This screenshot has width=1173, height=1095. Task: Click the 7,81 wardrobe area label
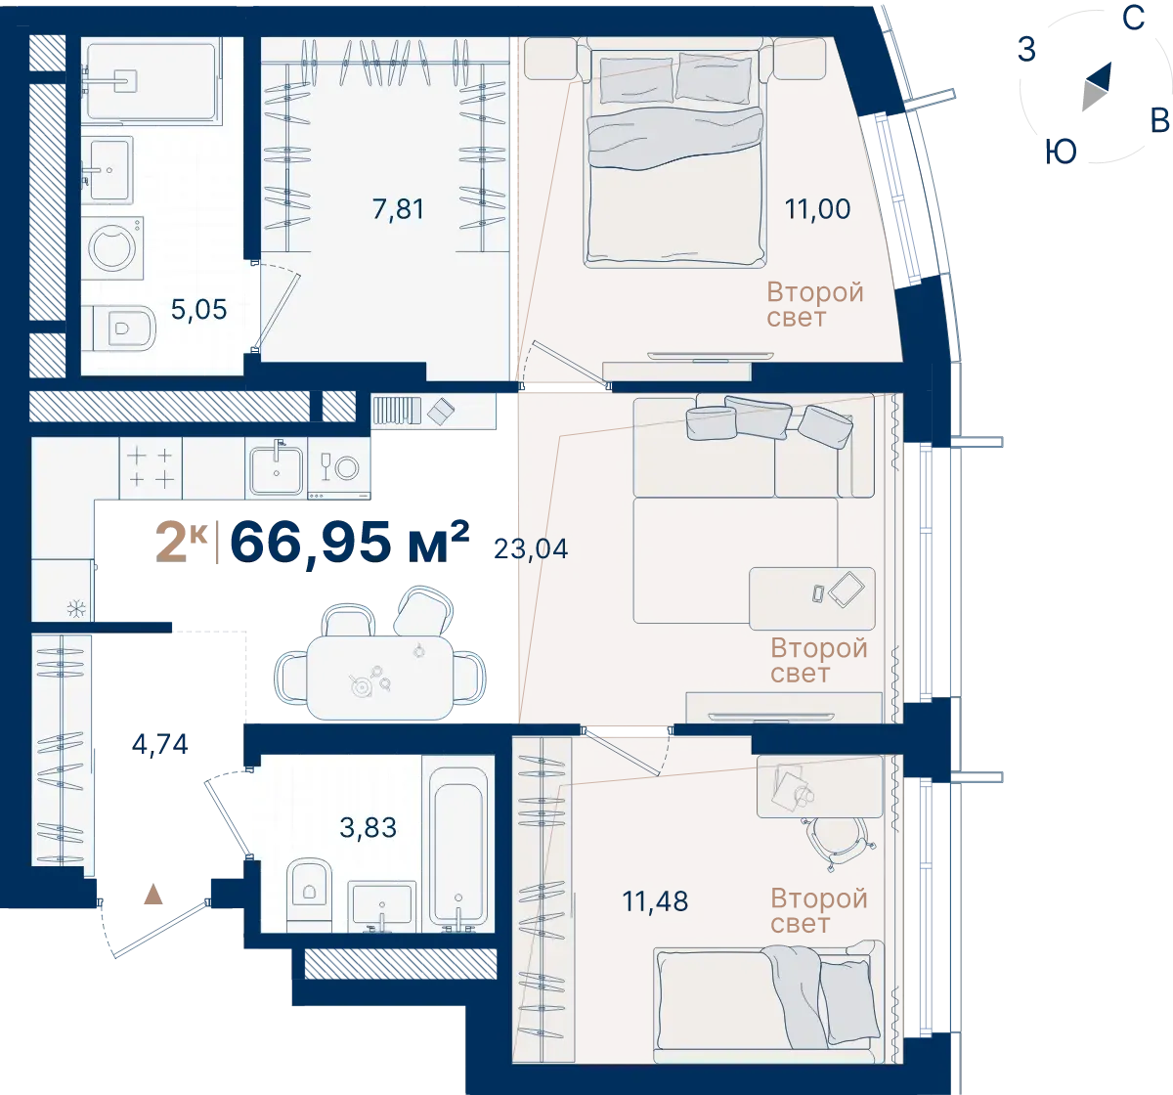tap(398, 210)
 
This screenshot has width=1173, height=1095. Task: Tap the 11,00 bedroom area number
tap(817, 209)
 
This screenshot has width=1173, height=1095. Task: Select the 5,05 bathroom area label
tap(199, 310)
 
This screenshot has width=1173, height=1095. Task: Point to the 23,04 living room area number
tap(531, 549)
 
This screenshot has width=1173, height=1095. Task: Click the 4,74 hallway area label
tap(160, 745)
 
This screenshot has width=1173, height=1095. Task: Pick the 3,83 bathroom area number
tap(368, 828)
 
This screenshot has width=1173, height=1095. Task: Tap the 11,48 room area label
tap(655, 901)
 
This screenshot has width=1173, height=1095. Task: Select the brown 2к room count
tap(181, 543)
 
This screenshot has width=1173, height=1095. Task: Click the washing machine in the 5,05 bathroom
tap(112, 248)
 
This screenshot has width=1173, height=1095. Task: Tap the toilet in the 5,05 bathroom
tap(120, 328)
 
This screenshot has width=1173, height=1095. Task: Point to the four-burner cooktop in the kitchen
tap(151, 466)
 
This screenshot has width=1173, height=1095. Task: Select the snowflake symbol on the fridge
tap(77, 609)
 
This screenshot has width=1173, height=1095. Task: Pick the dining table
tap(380, 678)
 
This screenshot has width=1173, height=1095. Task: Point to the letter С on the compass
tap(1134, 19)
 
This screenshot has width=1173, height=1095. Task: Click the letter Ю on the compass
tap(1061, 153)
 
